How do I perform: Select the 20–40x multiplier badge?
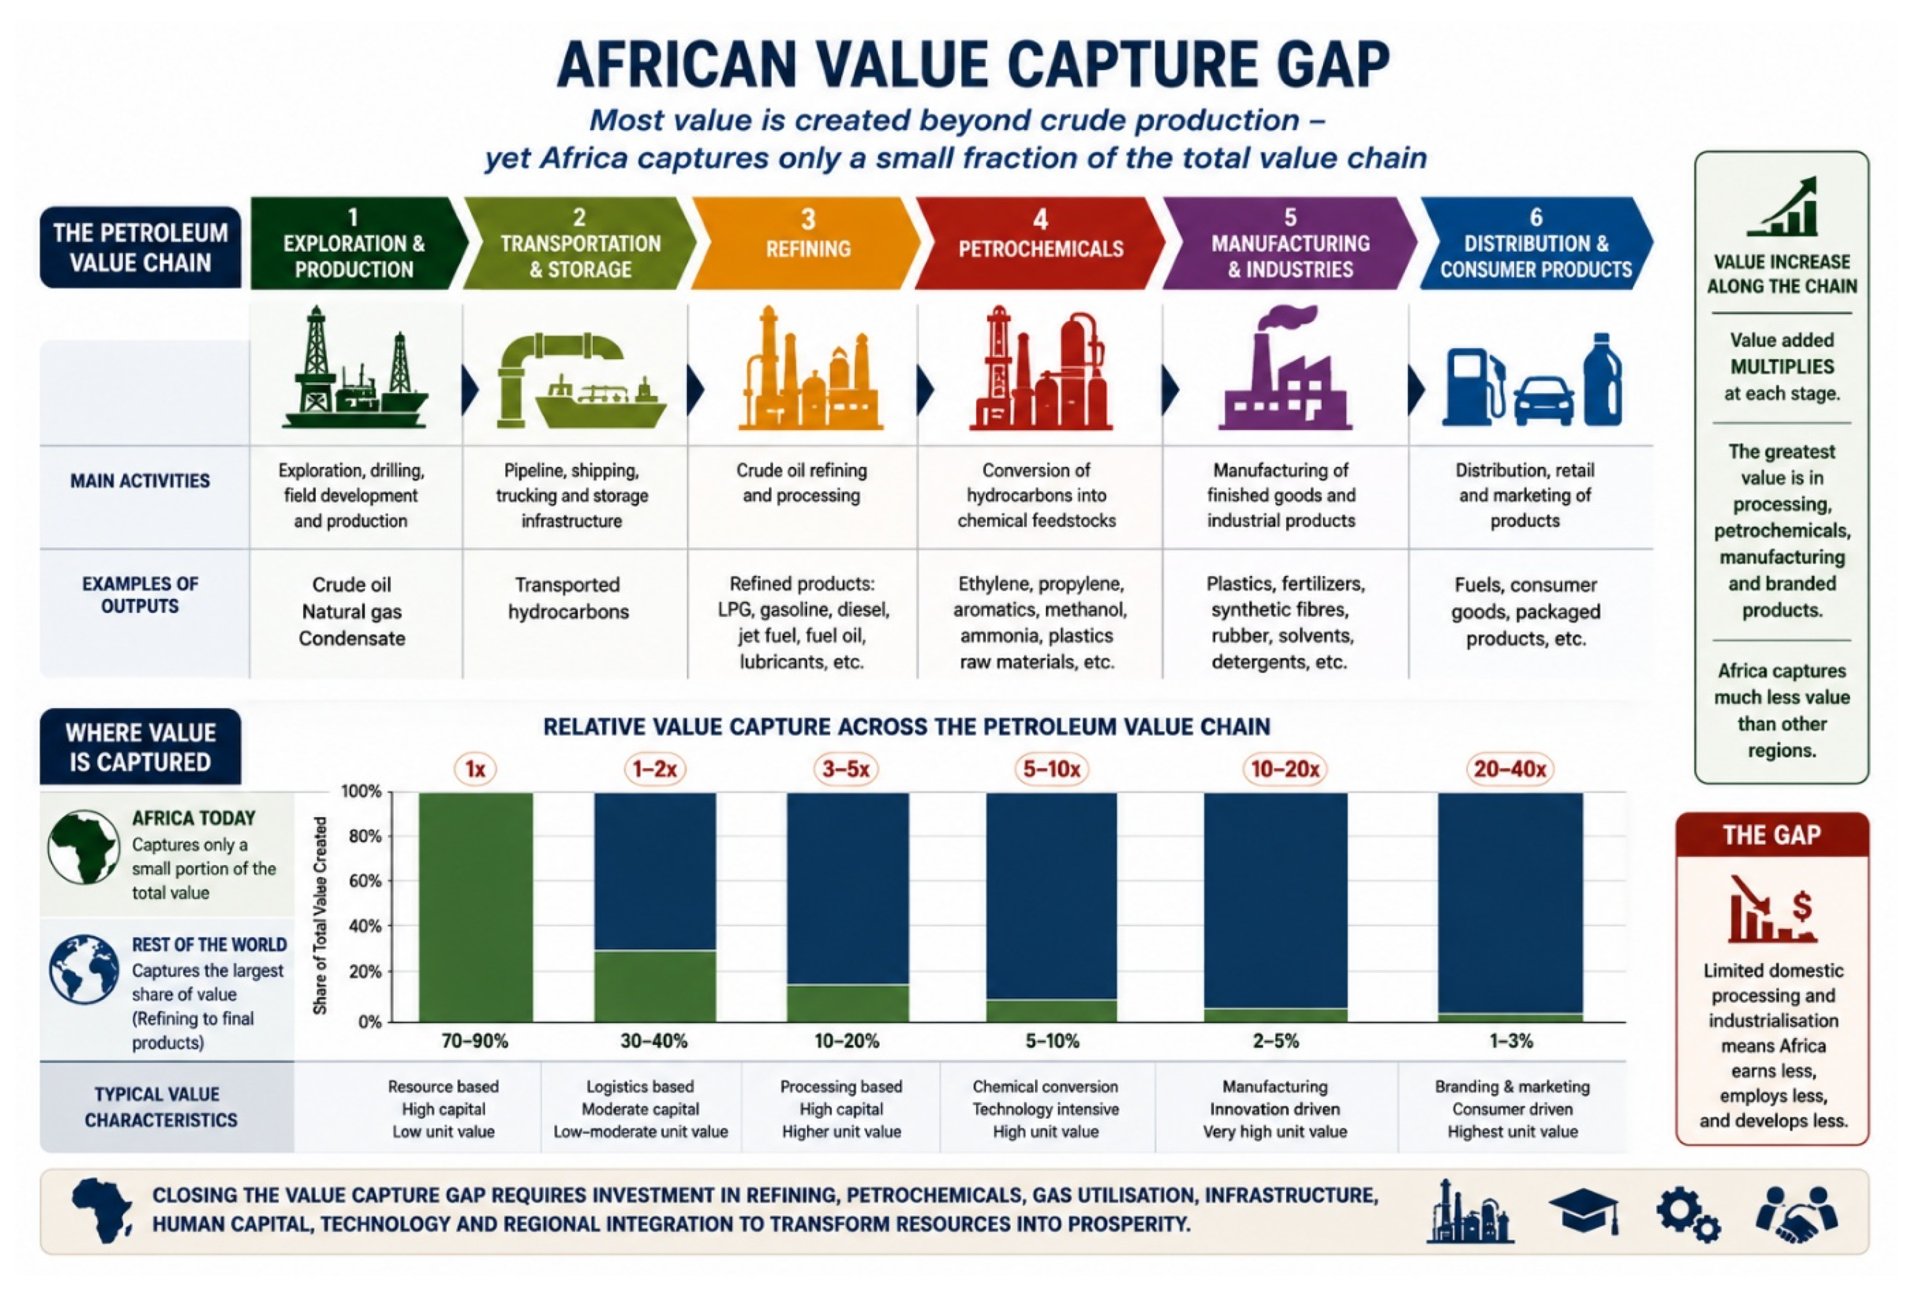pos(1509,768)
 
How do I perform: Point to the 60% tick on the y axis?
pos(362,881)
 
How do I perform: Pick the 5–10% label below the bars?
pos(1052,1041)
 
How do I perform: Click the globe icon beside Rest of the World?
pos(83,969)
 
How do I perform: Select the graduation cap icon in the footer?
pos(1584,1210)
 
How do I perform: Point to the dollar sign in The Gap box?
pos(1801,906)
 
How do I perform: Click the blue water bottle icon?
pos(1602,380)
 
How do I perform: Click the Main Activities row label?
pos(140,481)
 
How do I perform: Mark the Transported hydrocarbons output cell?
pos(568,598)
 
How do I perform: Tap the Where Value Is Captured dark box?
pos(140,746)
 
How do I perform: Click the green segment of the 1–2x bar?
pos(655,986)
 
